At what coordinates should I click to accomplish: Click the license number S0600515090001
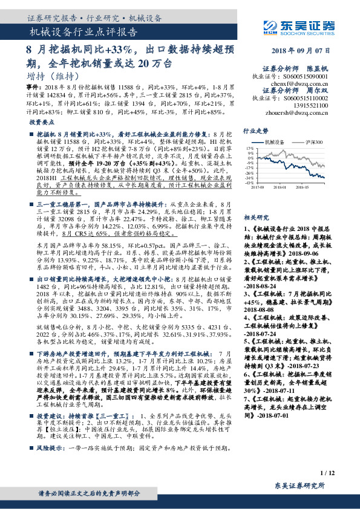pos(308,77)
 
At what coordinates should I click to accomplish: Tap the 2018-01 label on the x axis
pos(287,188)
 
